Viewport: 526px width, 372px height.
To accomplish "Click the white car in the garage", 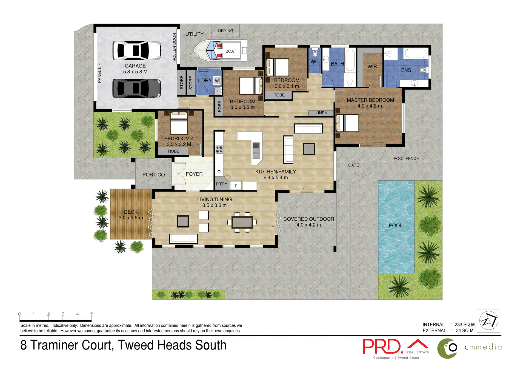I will [x=137, y=50].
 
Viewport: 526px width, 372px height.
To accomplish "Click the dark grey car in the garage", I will [x=137, y=88].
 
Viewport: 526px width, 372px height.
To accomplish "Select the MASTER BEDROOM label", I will [x=370, y=100].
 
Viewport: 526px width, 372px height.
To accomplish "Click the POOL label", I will [x=395, y=226].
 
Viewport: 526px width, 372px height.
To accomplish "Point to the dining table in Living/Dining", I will [x=242, y=222].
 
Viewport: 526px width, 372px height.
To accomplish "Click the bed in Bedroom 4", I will [x=179, y=123].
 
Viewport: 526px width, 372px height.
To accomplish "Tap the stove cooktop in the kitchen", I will [x=219, y=149].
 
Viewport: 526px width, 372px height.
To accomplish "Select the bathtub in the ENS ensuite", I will [x=415, y=53].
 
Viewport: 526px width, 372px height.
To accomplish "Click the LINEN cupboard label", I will [x=321, y=113].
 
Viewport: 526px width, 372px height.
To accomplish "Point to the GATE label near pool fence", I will [x=353, y=165].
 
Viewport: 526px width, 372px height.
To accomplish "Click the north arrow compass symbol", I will [x=488, y=321].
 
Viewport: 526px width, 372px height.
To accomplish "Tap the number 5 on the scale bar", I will [x=92, y=314].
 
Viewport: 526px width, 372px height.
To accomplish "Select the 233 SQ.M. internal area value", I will [x=465, y=325].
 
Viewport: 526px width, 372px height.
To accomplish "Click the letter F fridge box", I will [x=236, y=186].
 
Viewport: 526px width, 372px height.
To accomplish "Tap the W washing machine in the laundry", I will [x=217, y=81].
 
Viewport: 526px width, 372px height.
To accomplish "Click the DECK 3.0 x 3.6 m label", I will [x=131, y=215].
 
